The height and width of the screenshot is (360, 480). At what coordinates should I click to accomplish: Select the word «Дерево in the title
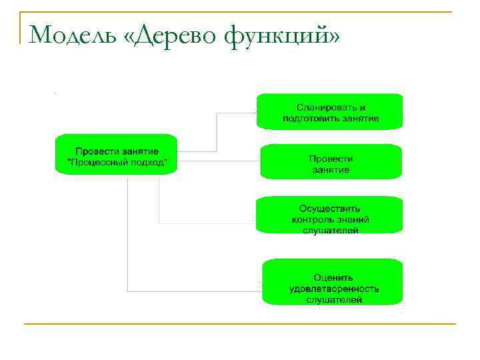[x=172, y=35]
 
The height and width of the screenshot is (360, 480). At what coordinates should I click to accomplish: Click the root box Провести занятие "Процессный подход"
[x=117, y=155]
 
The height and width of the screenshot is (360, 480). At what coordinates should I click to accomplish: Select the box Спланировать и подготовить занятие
[x=331, y=112]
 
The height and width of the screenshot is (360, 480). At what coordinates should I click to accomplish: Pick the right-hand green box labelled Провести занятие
[x=331, y=163]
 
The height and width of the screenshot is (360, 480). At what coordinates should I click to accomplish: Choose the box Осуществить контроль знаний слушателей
[x=331, y=214]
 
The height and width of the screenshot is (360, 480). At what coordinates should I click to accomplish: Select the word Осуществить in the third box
[x=330, y=208]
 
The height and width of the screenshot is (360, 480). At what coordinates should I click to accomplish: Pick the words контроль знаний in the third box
[x=331, y=219]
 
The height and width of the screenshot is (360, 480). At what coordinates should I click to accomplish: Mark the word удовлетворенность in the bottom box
[x=334, y=289]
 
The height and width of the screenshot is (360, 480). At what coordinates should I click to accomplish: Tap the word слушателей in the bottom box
[x=334, y=300]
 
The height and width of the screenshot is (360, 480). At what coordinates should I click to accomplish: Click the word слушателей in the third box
[x=331, y=230]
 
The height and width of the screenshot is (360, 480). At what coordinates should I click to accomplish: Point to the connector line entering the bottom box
[x=200, y=291]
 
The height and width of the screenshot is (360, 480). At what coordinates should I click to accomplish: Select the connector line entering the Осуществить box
[x=207, y=223]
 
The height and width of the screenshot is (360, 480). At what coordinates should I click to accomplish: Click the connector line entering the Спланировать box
[x=237, y=113]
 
